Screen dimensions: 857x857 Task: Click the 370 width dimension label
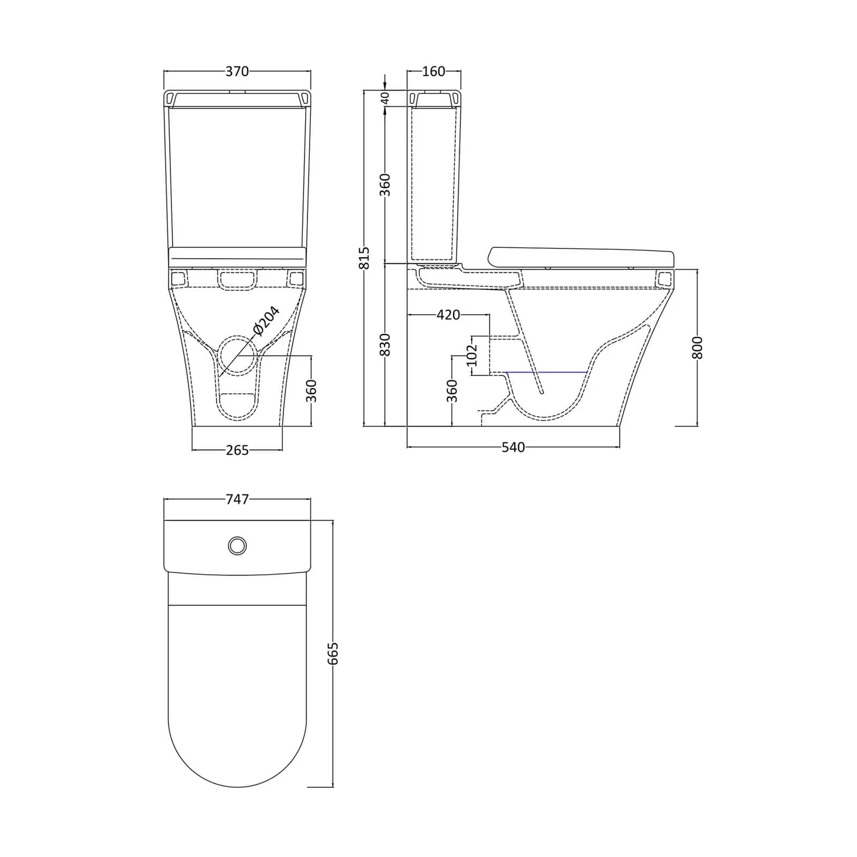237,71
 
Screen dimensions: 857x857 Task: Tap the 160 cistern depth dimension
434,71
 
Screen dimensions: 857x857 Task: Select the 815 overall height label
366,258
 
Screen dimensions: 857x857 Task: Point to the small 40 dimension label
385,98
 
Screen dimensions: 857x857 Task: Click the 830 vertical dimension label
385,345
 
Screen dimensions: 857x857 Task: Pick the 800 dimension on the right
697,347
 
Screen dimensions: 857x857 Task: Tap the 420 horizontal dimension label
448,315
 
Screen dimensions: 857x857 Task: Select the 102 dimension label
472,355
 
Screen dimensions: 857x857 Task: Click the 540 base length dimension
513,447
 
